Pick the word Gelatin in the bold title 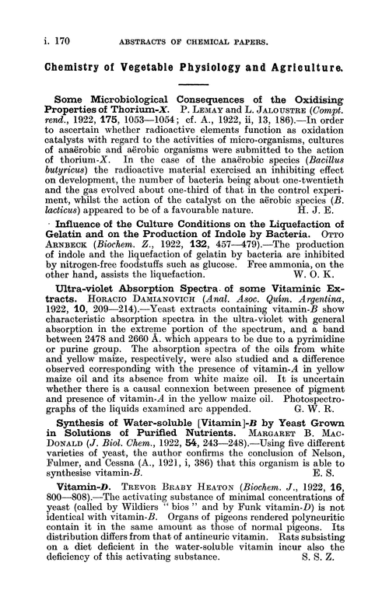tap(55, 248)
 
